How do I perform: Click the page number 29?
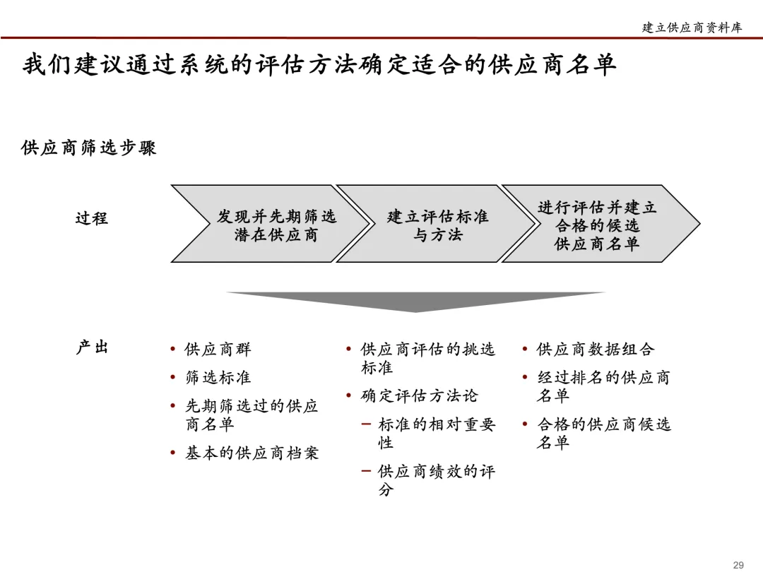(738, 564)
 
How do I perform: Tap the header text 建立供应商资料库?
(692, 28)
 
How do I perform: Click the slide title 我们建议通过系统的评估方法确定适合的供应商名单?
(319, 64)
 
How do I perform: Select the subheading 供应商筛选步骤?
(89, 148)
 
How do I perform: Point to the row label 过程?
(92, 218)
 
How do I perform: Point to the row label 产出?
(92, 347)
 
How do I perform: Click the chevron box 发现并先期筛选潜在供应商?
(276, 225)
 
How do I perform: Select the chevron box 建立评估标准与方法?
(437, 225)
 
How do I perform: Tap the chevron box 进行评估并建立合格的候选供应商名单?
(597, 225)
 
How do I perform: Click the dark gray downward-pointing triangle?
(415, 301)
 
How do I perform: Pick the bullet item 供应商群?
(218, 350)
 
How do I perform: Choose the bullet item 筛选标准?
(218, 378)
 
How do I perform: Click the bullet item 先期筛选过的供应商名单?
(251, 415)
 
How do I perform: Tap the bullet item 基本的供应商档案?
(252, 453)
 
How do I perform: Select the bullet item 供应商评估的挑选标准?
(427, 358)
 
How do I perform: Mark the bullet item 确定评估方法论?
(419, 396)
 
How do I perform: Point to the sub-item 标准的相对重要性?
(436, 433)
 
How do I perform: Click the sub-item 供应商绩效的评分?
(436, 479)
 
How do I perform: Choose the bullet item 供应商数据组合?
(596, 350)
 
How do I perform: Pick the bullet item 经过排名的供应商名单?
(603, 386)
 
